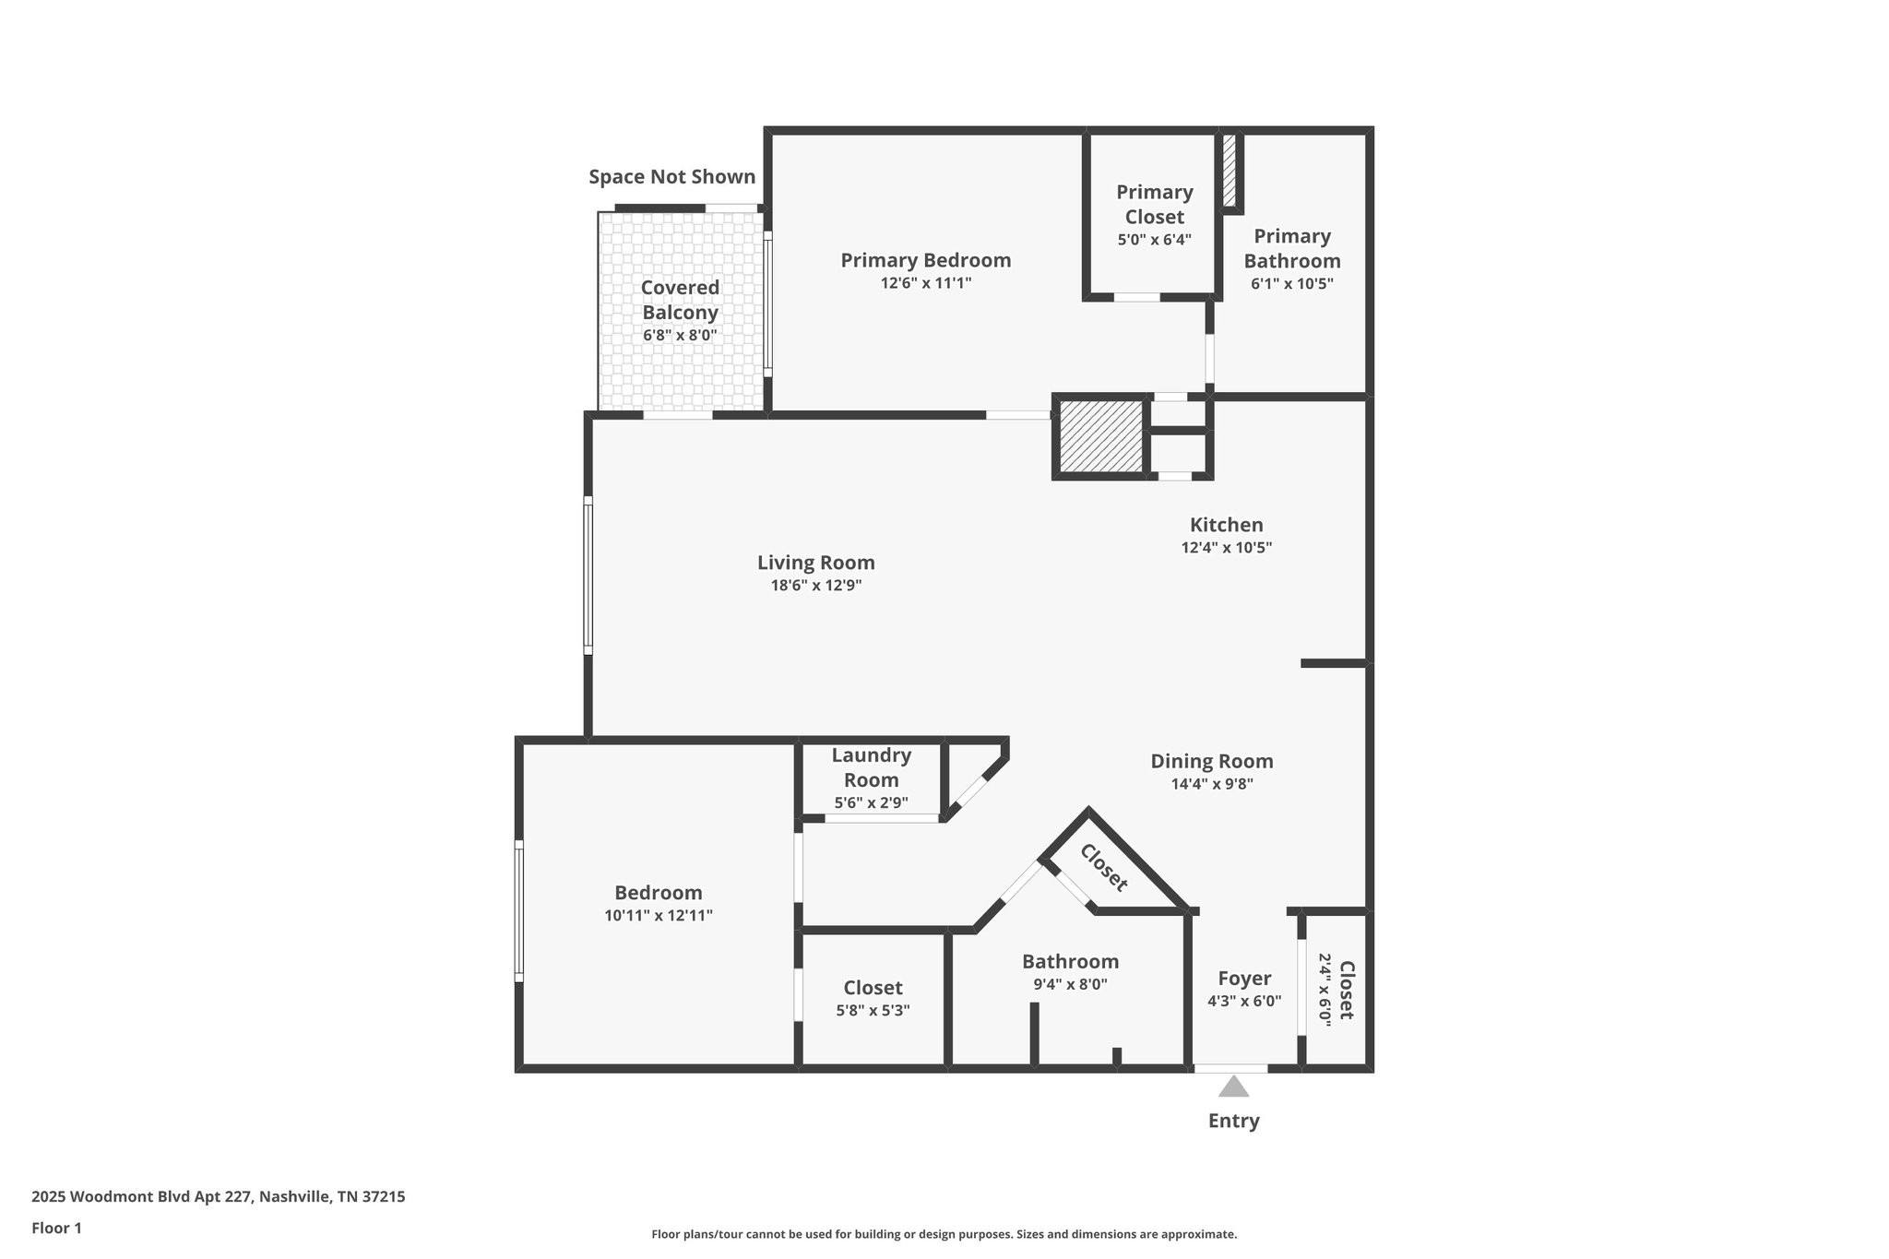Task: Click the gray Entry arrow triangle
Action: [1233, 1087]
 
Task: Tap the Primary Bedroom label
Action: [925, 260]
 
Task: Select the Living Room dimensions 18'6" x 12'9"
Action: [815, 585]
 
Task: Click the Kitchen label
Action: [1226, 525]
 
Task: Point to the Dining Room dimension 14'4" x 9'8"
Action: [1211, 784]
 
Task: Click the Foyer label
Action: [1244, 978]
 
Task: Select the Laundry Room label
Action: [871, 767]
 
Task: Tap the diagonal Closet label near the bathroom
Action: [1103, 868]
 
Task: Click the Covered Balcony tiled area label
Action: [680, 300]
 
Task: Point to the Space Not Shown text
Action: [671, 176]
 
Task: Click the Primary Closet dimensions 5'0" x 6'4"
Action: [1154, 240]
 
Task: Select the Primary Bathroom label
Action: [1291, 248]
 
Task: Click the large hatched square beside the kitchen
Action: [1101, 435]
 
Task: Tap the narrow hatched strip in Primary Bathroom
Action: [1230, 172]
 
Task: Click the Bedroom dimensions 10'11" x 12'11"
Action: [659, 916]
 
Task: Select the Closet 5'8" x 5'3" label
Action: [873, 989]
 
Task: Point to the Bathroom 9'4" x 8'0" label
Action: [1070, 962]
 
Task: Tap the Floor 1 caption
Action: [56, 1228]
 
